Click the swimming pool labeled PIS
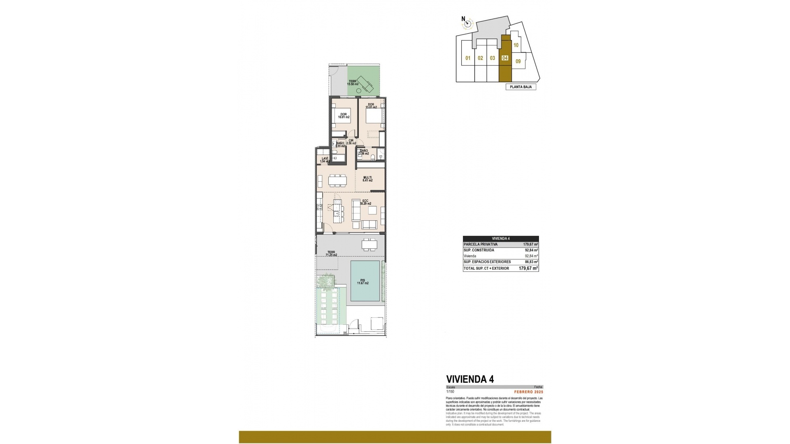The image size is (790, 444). [365, 281]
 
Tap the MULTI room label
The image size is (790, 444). [367, 179]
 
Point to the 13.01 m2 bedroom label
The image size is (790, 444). [371, 106]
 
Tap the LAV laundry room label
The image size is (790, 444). [325, 160]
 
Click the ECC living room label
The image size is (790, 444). [365, 202]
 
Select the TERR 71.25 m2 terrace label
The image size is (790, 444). [331, 254]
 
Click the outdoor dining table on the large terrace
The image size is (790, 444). [369, 245]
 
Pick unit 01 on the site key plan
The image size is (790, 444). [468, 58]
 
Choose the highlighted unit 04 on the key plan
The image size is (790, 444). [505, 58]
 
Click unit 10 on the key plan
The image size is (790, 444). [516, 46]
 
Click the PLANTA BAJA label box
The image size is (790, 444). [520, 87]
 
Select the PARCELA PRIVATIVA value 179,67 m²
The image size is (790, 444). [530, 244]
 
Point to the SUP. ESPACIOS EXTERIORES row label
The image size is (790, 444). [487, 262]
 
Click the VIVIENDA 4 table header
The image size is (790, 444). [501, 238]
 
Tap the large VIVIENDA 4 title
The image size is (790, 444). [470, 379]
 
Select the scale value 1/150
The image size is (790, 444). [450, 392]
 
